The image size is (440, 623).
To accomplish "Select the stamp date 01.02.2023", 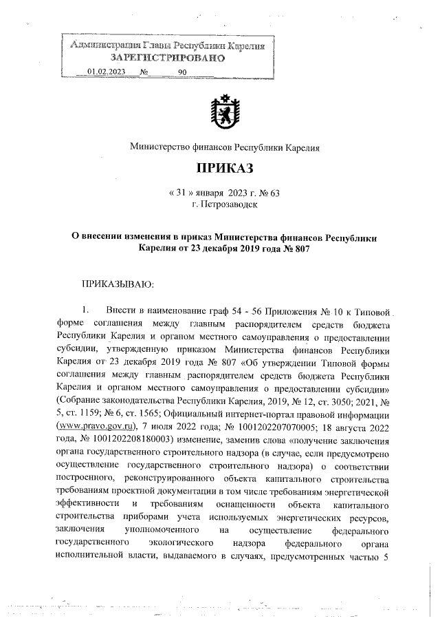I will [x=106, y=72].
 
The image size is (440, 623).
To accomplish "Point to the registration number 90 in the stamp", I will [x=182, y=72].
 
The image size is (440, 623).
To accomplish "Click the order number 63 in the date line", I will [x=267, y=193].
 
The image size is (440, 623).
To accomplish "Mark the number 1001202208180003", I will [x=128, y=438].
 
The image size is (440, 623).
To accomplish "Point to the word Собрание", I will [x=81, y=400].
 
